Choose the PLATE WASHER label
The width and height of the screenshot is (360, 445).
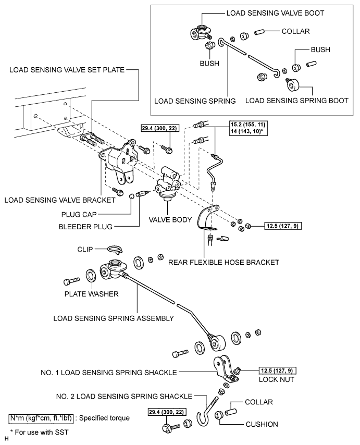coord(92,293)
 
